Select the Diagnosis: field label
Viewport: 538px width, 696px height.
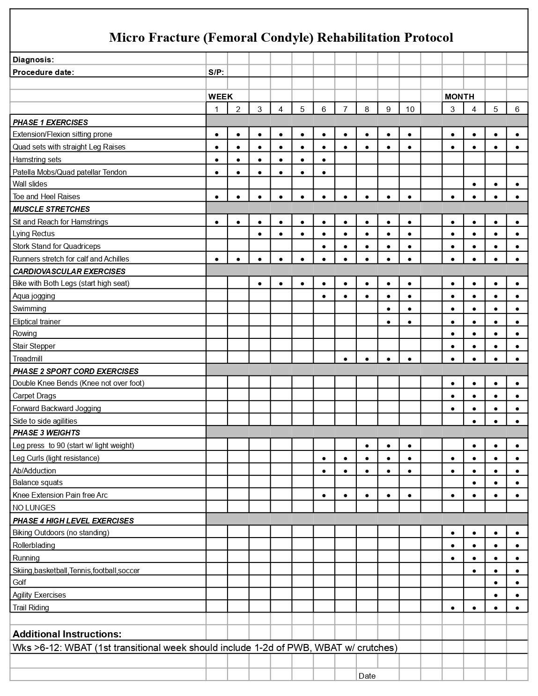tap(33, 60)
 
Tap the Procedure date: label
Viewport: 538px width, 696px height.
tap(43, 72)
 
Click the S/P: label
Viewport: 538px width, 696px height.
tap(216, 72)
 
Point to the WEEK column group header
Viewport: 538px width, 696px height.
tap(221, 97)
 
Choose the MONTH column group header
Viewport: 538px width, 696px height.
tap(459, 97)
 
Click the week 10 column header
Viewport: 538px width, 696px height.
tap(410, 109)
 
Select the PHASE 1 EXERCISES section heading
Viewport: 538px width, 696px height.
tap(50, 122)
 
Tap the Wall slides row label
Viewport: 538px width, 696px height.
tap(30, 184)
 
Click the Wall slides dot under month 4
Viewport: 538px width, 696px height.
tap(474, 185)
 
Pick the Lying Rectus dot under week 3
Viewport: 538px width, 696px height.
tap(259, 234)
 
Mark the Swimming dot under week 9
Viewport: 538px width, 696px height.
tap(388, 309)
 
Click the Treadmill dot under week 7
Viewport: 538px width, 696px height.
tap(345, 359)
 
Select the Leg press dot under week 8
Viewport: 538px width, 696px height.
tap(367, 446)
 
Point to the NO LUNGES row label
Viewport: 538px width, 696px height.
tap(34, 508)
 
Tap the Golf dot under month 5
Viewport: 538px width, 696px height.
tap(495, 583)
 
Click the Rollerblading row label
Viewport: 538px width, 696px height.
tap(34, 545)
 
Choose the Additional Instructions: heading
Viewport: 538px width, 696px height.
tap(67, 634)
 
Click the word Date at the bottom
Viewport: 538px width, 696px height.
tap(367, 676)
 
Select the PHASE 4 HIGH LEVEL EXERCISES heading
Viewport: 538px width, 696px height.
tap(73, 521)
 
